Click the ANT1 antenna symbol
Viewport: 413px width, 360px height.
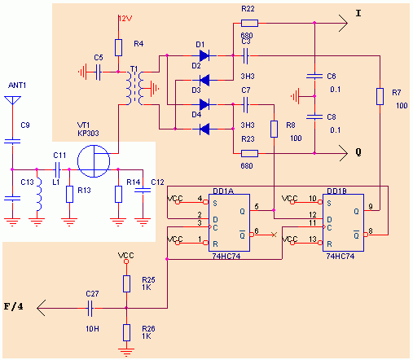coord(11,103)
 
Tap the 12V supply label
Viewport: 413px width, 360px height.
coord(124,18)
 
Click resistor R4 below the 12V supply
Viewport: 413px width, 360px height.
coord(118,46)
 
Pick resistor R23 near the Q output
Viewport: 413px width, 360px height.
coord(249,153)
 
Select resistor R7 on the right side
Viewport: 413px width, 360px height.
coord(380,96)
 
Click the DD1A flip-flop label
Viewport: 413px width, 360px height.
coord(224,191)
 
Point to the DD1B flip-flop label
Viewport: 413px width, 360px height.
coord(337,191)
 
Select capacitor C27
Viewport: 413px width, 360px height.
coord(91,308)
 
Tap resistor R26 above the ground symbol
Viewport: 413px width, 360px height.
coord(126,331)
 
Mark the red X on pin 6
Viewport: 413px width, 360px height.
coord(273,235)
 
